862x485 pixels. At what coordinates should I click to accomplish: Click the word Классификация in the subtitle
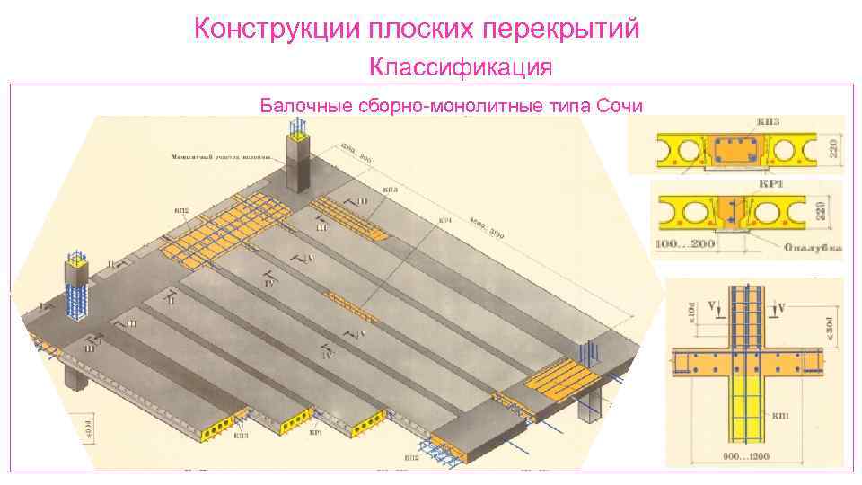click(461, 67)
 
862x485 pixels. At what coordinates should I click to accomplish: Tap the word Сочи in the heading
click(620, 106)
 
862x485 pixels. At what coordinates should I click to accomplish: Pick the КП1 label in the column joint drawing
click(778, 417)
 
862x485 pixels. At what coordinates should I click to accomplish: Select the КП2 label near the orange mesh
click(181, 212)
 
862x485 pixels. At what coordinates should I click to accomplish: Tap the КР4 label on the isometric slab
click(444, 219)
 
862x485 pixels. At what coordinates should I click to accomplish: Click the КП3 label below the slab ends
click(241, 436)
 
